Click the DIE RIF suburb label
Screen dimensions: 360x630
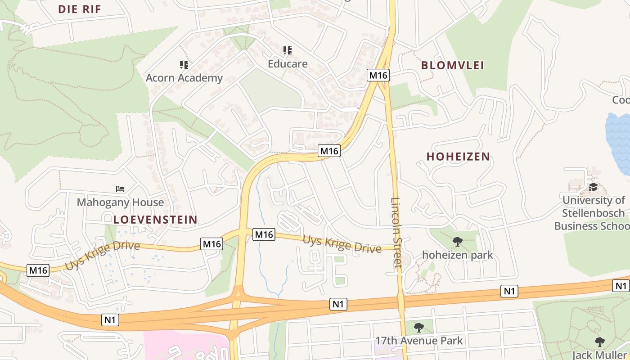(80, 9)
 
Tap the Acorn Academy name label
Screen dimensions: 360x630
(184, 78)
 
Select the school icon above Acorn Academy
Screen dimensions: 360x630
(184, 65)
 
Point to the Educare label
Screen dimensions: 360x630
(288, 64)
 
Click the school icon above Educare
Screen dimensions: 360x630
(287, 50)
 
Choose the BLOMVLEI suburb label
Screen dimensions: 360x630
(452, 65)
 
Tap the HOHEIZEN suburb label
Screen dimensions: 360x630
(458, 157)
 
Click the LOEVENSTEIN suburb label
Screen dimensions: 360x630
(155, 220)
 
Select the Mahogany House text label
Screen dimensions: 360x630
(120, 202)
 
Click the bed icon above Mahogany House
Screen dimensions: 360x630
(120, 189)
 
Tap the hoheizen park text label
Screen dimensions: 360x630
(457, 255)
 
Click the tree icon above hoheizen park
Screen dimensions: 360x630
(458, 242)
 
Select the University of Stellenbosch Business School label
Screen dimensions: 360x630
(593, 213)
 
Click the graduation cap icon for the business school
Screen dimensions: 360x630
(593, 187)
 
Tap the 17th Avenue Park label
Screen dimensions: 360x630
(419, 341)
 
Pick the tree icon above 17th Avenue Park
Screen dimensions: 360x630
(419, 327)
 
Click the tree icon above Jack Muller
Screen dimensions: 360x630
(599, 342)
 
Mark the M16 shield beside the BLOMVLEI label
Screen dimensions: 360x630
(378, 75)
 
